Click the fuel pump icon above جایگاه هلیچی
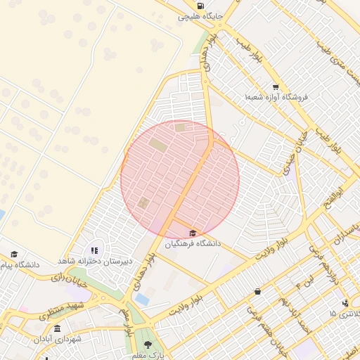(202, 6)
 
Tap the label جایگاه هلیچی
(200, 15)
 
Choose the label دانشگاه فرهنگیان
(193, 243)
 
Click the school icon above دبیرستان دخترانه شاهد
(95, 250)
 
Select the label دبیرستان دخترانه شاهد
(95, 261)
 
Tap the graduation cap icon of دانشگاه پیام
(14, 255)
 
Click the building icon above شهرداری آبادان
(57, 329)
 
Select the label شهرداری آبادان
(58, 339)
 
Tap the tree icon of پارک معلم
(148, 345)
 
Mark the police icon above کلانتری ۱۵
(345, 303)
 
